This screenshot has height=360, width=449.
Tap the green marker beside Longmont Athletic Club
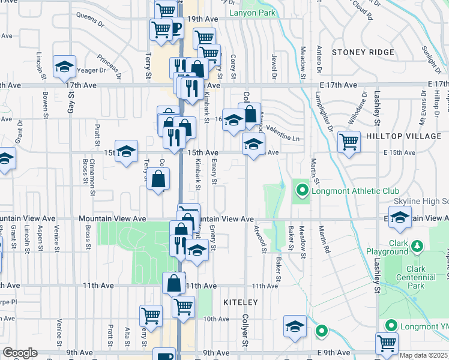point(302,192)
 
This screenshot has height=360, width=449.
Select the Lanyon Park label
point(252,11)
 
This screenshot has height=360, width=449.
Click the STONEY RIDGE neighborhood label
point(363,52)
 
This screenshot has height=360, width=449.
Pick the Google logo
point(20,352)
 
